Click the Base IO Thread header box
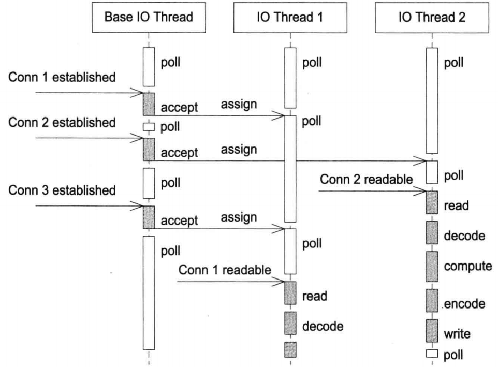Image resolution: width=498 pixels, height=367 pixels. pyautogui.click(x=149, y=17)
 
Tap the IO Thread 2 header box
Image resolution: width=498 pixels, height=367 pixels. pyautogui.click(x=432, y=17)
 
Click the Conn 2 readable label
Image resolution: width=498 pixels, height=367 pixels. pyautogui.click(x=365, y=180)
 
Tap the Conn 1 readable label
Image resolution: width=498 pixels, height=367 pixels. pyautogui.click(x=225, y=270)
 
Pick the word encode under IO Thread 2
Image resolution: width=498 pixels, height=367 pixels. pyautogui.click(x=464, y=304)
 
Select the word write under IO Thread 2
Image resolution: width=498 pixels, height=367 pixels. pyautogui.click(x=457, y=334)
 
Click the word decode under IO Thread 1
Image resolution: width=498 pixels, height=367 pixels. pyautogui.click(x=323, y=326)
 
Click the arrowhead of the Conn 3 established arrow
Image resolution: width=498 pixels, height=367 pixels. pyautogui.click(x=139, y=205)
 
